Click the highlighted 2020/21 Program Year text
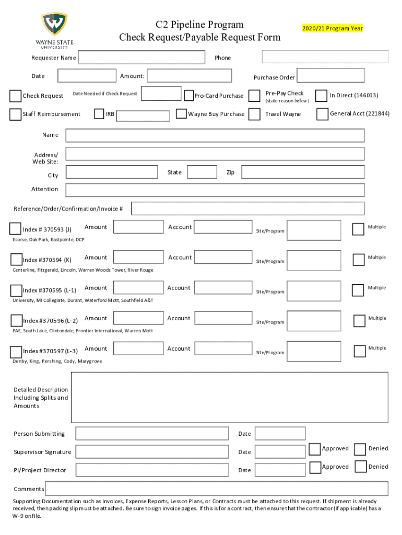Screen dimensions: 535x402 [x=333, y=28]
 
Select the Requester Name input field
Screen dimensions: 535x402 [x=141, y=57]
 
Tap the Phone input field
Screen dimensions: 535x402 [x=325, y=57]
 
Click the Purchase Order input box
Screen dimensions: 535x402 [x=330, y=76]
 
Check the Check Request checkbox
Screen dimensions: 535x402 [x=15, y=96]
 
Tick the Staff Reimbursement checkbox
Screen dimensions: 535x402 [x=15, y=114]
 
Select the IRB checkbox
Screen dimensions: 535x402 [x=99, y=114]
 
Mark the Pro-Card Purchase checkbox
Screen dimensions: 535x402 [x=189, y=96]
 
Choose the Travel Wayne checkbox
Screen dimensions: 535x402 [x=254, y=114]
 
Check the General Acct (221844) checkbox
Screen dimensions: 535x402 [x=323, y=114]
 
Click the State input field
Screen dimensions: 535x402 [x=202, y=172]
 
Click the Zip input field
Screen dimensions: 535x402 [x=302, y=172]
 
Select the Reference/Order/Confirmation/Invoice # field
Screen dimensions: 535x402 [x=247, y=208]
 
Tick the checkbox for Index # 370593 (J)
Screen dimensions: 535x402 [x=16, y=228]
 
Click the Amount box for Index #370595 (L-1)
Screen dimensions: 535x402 [x=138, y=288]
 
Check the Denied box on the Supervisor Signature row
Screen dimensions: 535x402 [x=360, y=449]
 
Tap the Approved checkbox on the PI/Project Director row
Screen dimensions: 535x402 [x=315, y=467]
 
